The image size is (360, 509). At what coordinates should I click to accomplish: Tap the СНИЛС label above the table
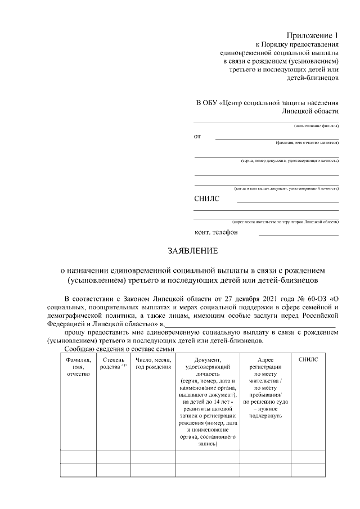pyautogui.click(x=206, y=199)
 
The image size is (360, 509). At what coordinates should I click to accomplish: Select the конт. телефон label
pyautogui.click(x=216, y=232)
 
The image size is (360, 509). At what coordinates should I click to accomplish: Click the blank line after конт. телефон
pyautogui.click(x=298, y=235)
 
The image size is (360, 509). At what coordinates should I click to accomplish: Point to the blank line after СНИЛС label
pyautogui.click(x=287, y=201)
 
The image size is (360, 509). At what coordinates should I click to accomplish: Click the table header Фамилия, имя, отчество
pyautogui.click(x=78, y=367)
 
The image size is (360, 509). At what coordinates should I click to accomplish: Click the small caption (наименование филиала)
pyautogui.click(x=316, y=126)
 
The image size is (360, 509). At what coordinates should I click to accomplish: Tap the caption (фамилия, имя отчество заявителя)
pyautogui.click(x=307, y=143)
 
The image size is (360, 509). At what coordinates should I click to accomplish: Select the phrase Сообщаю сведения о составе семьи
pyautogui.click(x=112, y=349)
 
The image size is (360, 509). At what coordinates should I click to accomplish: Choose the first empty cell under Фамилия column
pyautogui.click(x=78, y=456)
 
